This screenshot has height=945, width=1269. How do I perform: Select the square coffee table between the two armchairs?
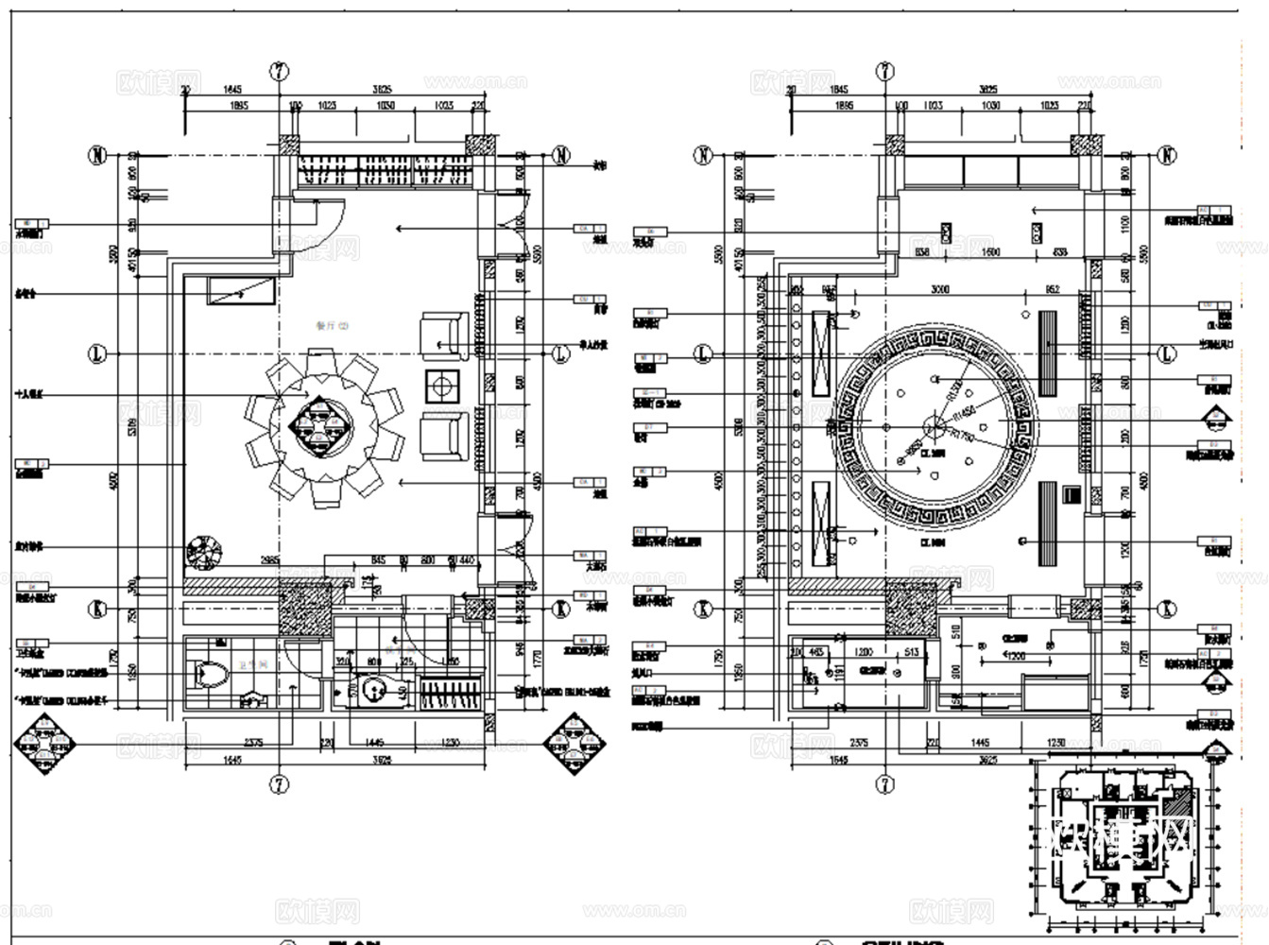(442, 385)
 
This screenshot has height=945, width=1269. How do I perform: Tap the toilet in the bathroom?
(210, 675)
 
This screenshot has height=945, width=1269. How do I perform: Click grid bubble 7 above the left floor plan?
(279, 72)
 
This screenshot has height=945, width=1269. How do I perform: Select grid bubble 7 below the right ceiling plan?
(885, 783)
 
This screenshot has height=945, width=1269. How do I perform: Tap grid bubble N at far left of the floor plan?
(98, 155)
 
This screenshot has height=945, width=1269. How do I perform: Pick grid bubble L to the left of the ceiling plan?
(703, 354)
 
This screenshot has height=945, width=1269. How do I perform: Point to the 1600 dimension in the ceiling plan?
(990, 253)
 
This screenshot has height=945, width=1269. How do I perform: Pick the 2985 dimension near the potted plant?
(269, 560)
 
